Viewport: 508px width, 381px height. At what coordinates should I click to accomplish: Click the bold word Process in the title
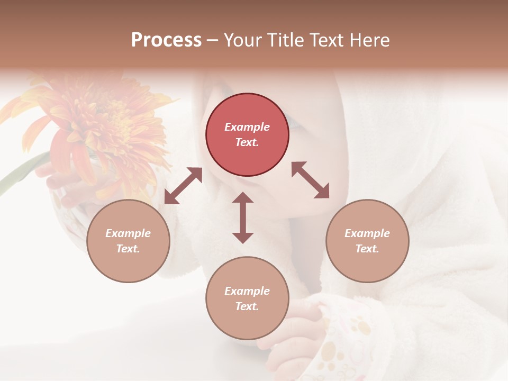click(166, 40)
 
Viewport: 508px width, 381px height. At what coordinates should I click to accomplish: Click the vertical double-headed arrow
click(243, 217)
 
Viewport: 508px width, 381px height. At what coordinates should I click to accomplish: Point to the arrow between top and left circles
click(183, 186)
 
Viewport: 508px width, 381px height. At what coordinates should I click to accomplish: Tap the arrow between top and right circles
click(311, 180)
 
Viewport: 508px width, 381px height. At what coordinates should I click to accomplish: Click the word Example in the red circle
click(247, 127)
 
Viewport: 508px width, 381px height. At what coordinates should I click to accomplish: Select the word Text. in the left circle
click(128, 249)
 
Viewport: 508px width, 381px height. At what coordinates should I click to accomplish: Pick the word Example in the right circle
click(367, 233)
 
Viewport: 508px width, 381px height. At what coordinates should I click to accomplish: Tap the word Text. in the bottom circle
click(247, 306)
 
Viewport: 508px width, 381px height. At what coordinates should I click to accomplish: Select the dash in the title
click(213, 40)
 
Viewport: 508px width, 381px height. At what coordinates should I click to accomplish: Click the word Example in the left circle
click(128, 233)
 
